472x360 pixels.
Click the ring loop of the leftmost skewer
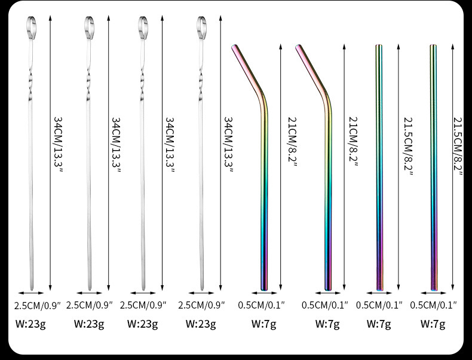pos(32,25)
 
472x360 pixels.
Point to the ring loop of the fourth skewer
pos(201,25)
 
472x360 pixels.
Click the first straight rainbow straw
pos(378,167)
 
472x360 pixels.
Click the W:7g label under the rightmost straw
pos(433,324)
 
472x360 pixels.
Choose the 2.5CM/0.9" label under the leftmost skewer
pos(38,305)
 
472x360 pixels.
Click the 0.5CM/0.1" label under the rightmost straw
pos(434,305)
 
